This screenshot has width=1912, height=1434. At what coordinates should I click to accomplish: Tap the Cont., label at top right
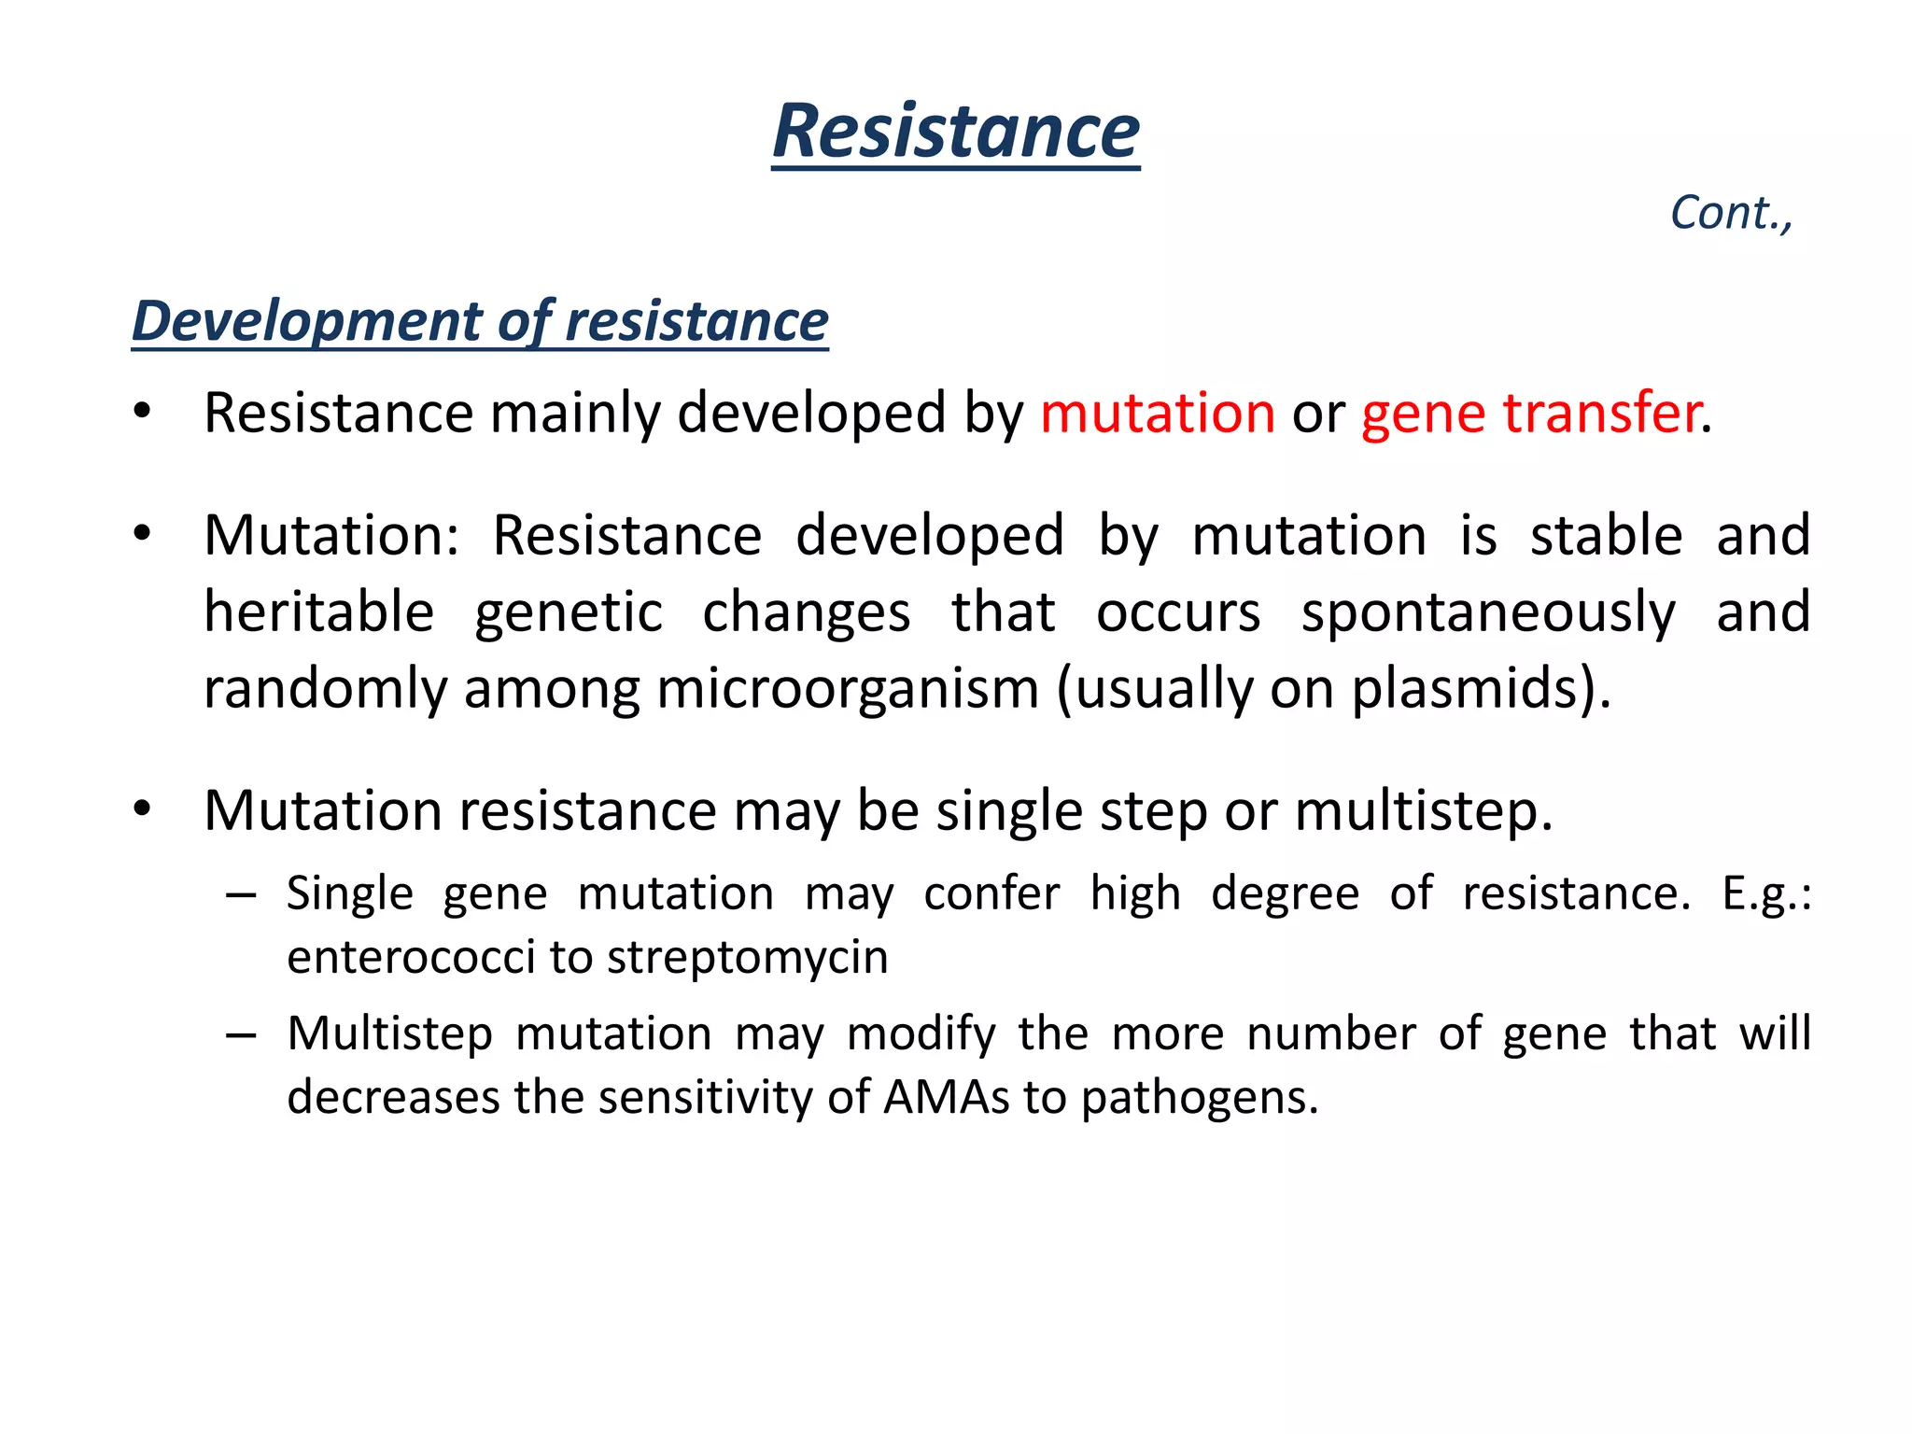pos(1731,213)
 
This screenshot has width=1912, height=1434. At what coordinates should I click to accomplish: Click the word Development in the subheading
pos(307,321)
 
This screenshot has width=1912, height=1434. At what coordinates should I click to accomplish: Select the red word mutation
pos(1157,413)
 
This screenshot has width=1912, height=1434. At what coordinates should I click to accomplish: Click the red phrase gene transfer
pos(1530,413)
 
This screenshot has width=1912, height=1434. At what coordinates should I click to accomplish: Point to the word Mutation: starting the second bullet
pos(330,536)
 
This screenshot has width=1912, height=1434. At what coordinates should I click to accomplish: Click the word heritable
pos(319,612)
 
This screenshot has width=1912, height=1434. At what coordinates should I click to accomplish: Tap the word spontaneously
pos(1488,614)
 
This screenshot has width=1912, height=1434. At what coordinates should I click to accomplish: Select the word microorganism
pos(848,689)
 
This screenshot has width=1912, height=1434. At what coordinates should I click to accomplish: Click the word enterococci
pos(411,958)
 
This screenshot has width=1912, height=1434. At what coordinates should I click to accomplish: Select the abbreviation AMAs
pos(946,1097)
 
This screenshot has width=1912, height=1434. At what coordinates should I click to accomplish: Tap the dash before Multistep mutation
pos(241,1035)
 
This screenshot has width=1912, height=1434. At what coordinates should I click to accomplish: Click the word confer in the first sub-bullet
pos(991,893)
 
